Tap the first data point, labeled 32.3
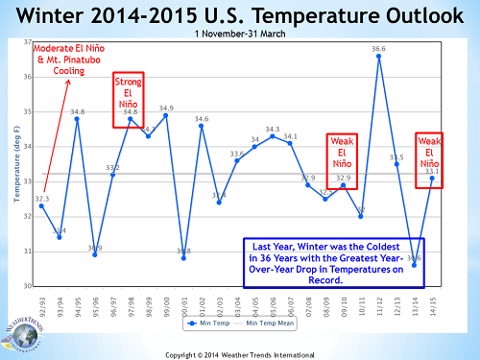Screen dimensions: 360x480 pyautogui.click(x=41, y=205)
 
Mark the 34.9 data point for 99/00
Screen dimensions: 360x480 pyautogui.click(x=166, y=115)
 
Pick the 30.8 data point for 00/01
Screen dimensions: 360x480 pyautogui.click(x=183, y=258)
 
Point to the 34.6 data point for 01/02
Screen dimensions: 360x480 pyautogui.click(x=202, y=126)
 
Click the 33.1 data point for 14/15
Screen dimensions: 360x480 pyautogui.click(x=432, y=178)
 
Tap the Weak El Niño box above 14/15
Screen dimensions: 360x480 pyautogui.click(x=428, y=160)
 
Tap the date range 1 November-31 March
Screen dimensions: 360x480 pyautogui.click(x=240, y=35)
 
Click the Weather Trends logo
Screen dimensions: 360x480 pyautogui.click(x=23, y=334)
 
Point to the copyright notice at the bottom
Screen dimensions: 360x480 pyautogui.click(x=240, y=354)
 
